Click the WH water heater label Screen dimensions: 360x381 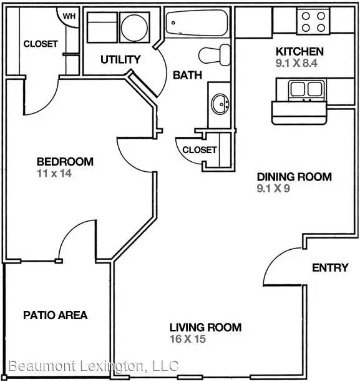(69, 16)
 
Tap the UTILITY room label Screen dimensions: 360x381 (120, 59)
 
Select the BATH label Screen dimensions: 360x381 (187, 75)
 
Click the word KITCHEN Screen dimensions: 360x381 (300, 51)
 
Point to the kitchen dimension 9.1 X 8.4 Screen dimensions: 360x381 (296, 63)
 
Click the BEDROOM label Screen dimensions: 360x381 (65, 162)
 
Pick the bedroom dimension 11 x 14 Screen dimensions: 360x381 (54, 174)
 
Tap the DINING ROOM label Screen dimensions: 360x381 (294, 177)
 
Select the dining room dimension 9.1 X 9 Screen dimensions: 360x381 (273, 188)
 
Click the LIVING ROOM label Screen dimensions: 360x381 (205, 327)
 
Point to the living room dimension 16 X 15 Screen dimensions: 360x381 (188, 339)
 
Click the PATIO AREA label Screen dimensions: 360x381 (56, 315)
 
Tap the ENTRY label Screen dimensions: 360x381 (330, 268)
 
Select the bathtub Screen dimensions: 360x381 (197, 23)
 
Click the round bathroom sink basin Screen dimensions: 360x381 (220, 104)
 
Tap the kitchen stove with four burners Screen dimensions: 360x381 (313, 22)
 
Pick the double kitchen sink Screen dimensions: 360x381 (307, 89)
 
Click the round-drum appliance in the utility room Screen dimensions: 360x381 (135, 27)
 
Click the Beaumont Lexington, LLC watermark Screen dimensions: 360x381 (94, 367)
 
